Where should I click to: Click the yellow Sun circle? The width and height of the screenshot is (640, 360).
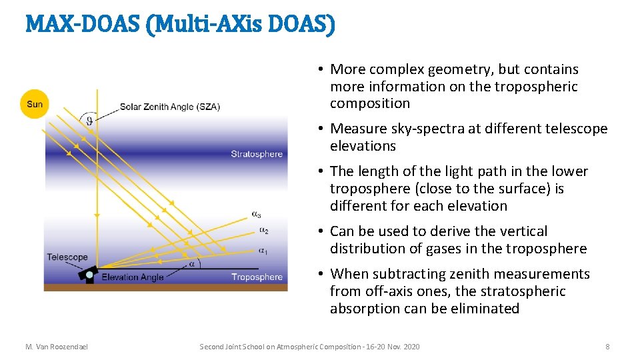click(34, 104)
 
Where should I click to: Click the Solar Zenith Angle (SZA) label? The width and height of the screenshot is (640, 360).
click(169, 107)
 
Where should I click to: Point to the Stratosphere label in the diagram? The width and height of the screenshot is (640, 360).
click(257, 154)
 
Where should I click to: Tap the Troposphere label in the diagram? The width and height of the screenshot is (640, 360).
click(257, 277)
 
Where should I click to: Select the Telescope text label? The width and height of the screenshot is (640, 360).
click(67, 257)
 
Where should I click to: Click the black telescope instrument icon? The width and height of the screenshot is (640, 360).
click(89, 274)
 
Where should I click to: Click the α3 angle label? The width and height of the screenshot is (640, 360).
click(256, 214)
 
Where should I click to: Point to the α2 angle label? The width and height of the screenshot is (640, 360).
click(264, 231)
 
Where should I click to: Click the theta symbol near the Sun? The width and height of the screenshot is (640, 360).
click(89, 121)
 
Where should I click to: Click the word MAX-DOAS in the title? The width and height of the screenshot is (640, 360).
click(70, 25)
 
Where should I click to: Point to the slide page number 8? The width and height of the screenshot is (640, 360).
click(607, 347)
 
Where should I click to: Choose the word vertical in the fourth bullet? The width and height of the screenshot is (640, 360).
click(523, 231)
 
